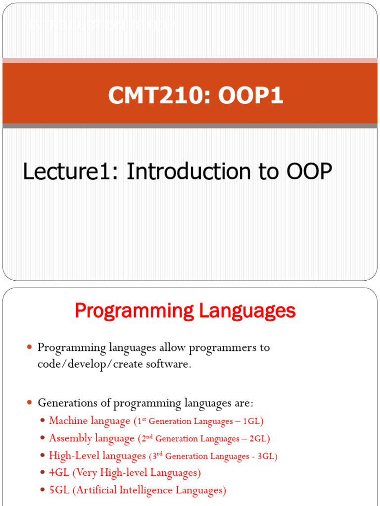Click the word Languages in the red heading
tap(248, 311)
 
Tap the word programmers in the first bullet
tap(216, 347)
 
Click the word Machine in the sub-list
tap(68, 421)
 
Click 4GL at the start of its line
tap(59, 473)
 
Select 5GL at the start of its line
tap(59, 490)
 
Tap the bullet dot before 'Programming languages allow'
tap(29, 347)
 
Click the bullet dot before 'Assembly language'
tap(43, 438)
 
